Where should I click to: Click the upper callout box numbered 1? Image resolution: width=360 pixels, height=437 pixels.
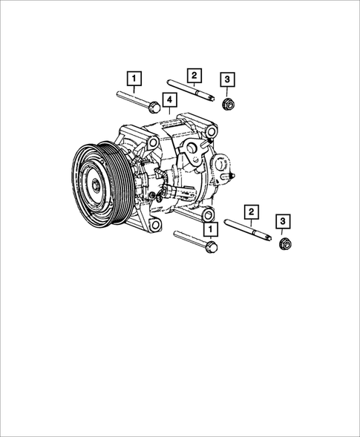coord(134,77)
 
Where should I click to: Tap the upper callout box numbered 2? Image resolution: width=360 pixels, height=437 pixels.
coord(194,74)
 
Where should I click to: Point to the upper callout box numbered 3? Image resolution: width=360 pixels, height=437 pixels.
coord(228,79)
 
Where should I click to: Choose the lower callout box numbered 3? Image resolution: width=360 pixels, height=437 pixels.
coord(283,220)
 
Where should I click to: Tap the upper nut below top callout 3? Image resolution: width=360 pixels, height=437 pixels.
coord(229,105)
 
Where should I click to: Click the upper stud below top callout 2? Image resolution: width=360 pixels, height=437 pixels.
coord(192,93)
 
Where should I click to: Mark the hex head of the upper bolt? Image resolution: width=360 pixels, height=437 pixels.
coord(153,107)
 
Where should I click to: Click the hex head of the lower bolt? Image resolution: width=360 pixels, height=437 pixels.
coord(212,249)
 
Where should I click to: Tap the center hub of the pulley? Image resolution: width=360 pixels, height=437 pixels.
coord(95,185)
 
